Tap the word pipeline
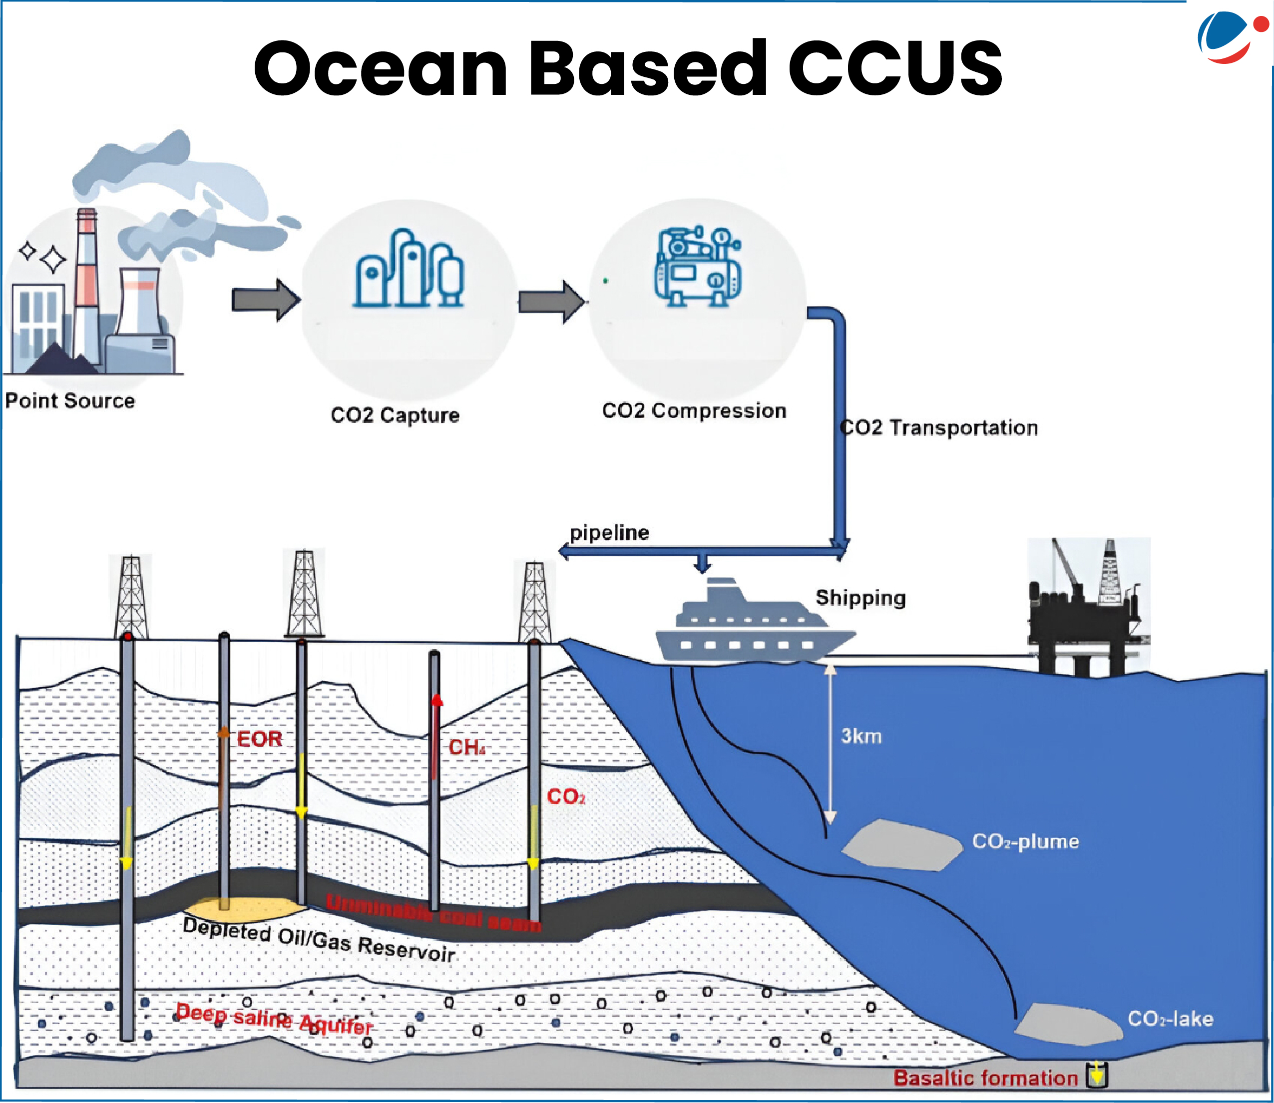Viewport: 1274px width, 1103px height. [609, 532]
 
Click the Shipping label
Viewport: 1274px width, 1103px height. [860, 598]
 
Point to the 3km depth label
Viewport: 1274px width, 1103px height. [861, 735]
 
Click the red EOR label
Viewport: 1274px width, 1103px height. [259, 738]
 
